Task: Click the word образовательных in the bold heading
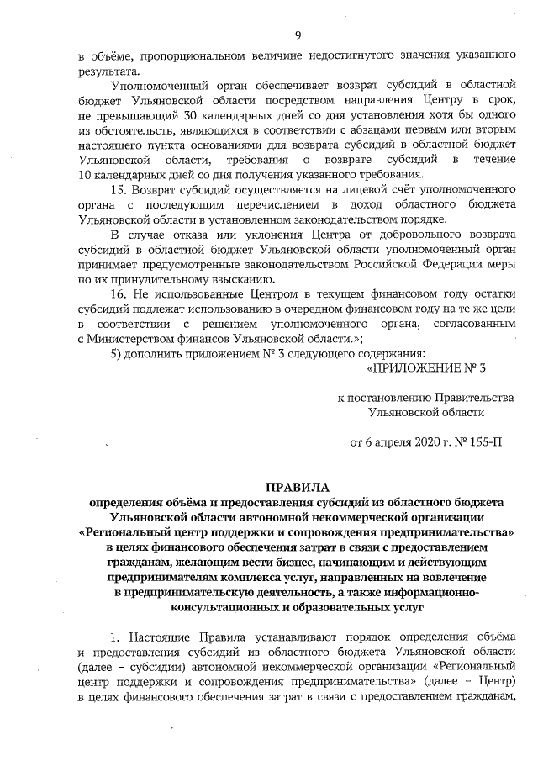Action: (344, 605)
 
